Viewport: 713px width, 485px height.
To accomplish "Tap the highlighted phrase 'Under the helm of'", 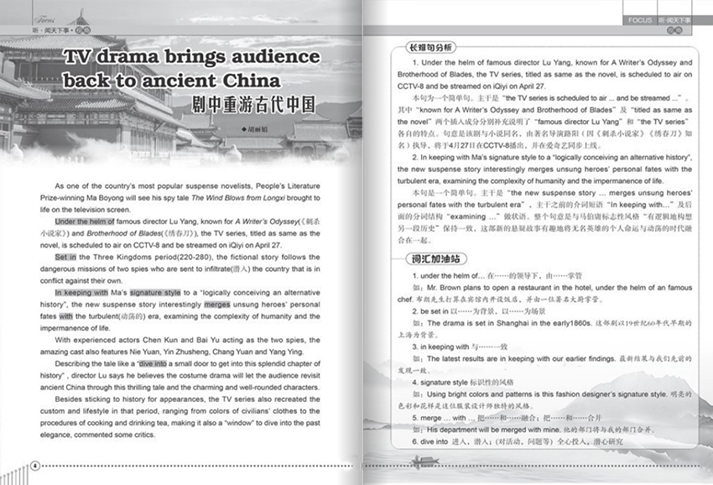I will pos(87,221).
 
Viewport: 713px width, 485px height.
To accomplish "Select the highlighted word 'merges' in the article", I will pos(216,304).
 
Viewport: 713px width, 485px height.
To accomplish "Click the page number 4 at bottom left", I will pos(34,466).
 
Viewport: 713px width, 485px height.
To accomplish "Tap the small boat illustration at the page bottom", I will pos(423,460).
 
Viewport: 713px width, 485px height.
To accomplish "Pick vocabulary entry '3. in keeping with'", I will pos(450,346).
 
